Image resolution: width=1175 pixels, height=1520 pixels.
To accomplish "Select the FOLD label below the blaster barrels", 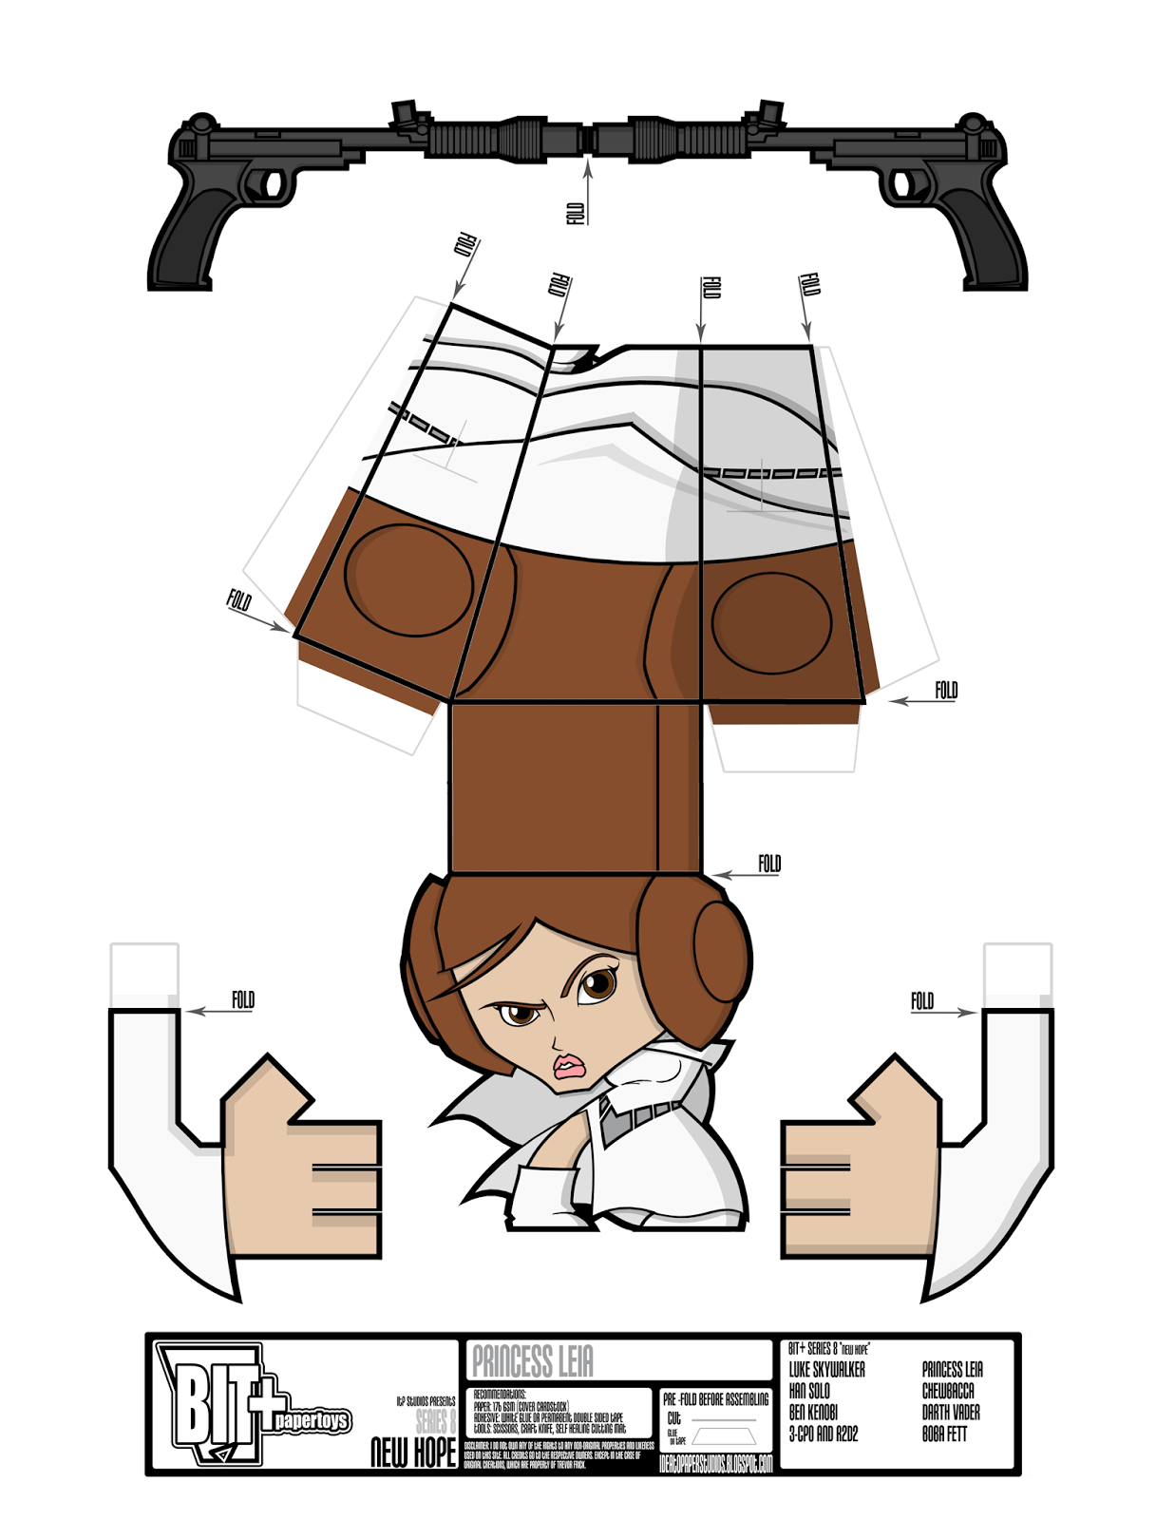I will tap(576, 213).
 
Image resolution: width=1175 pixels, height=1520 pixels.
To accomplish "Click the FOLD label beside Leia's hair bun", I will tap(769, 864).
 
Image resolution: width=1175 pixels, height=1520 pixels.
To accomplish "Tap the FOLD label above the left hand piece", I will tap(243, 999).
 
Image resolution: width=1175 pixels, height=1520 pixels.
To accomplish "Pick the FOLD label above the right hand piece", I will tap(922, 1000).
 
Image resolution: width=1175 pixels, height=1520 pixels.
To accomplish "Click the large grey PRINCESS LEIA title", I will tap(533, 1361).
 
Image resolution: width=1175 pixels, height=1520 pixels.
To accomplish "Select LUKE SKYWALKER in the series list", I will tap(827, 1370).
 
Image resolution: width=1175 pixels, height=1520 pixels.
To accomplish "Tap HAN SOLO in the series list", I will tap(809, 1391).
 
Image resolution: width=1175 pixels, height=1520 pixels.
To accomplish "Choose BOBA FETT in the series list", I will tap(944, 1434).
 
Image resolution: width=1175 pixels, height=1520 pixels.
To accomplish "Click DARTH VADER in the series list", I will tap(951, 1413).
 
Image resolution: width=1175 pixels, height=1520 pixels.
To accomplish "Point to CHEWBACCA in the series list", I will tap(948, 1391).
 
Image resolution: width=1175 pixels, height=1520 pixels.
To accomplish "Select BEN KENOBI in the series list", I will tap(814, 1413).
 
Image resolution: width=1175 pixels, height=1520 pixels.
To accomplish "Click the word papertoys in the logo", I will tap(312, 1421).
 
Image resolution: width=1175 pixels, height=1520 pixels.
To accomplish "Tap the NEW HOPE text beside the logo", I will tap(413, 1452).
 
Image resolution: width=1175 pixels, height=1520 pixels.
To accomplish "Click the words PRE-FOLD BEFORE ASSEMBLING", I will tap(716, 1399).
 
